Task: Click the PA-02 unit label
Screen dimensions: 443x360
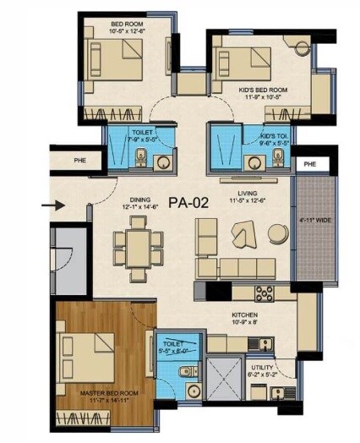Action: point(188,203)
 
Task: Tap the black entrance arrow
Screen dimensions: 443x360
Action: point(52,204)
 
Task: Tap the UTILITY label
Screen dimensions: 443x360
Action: point(259,366)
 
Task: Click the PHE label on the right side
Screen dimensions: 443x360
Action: point(309,162)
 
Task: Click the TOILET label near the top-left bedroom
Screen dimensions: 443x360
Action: point(140,133)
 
